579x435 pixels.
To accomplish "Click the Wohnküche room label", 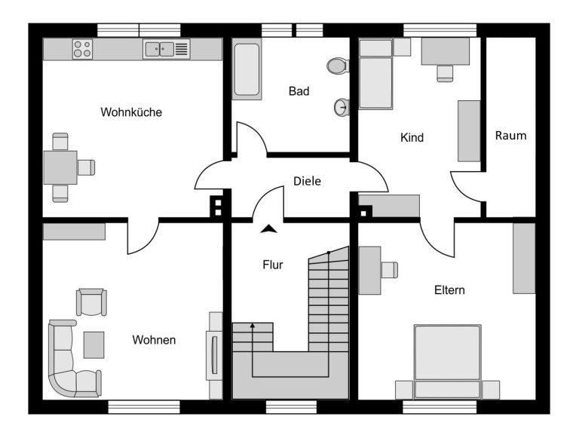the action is coord(131,112).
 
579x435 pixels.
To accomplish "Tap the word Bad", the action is coord(299,90).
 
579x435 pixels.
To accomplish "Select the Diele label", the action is coord(307,181).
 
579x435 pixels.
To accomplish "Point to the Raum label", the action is coord(510,136).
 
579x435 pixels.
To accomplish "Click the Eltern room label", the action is coord(449,290).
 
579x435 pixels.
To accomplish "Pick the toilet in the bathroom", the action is coord(338,66).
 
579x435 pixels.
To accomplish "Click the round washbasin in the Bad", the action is coord(342,108).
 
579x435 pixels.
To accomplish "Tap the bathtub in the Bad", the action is coord(247,70).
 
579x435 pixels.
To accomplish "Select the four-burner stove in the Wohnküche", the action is coord(82,49).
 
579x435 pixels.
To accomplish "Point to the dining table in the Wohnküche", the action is coord(60,167).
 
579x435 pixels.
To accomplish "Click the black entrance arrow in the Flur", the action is coord(268,229).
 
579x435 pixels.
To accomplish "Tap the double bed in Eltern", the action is coord(448,362).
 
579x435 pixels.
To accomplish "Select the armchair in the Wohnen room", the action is coord(91,302).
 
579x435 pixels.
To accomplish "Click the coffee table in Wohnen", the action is coord(93,345).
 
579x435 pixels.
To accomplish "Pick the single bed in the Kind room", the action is coord(375,75).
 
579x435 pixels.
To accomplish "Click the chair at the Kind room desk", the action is coord(445,73).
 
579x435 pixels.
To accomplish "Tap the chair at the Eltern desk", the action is coord(390,270).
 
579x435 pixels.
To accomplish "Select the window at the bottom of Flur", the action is coord(291,407).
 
